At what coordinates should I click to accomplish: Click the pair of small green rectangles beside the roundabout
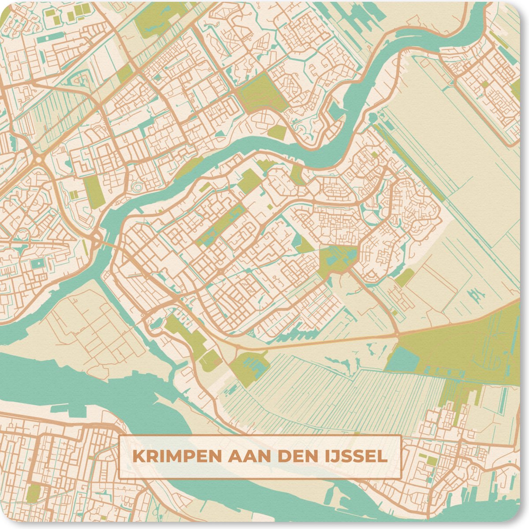click(74, 194)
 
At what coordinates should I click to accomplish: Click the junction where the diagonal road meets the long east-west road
click(398, 335)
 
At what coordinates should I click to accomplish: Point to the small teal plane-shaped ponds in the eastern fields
click(475, 293)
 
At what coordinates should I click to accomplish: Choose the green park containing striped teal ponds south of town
click(249, 366)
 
